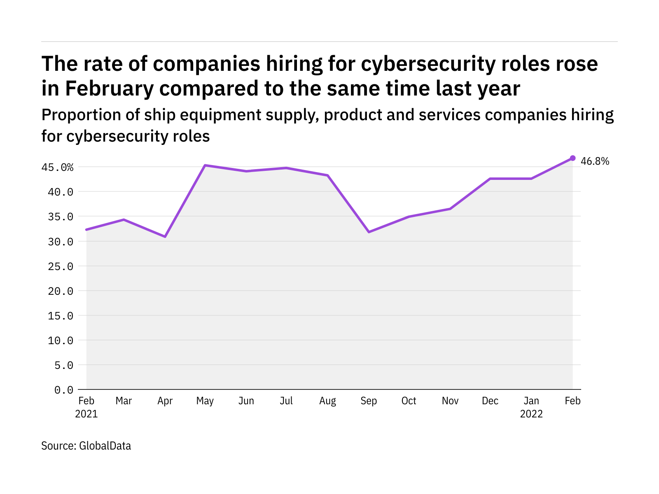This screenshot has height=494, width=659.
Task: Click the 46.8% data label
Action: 594,161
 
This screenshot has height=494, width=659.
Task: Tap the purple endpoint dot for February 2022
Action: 573,158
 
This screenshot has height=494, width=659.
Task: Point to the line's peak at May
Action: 205,165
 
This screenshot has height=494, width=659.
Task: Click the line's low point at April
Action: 165,237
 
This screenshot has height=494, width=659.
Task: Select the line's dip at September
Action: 369,232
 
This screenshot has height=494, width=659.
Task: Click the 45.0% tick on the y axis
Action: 57,168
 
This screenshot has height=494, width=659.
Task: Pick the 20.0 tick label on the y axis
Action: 61,291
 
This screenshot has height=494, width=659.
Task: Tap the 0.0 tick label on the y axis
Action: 64,390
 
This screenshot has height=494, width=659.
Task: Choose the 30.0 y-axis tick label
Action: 61,242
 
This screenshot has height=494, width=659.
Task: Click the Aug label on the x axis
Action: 327,401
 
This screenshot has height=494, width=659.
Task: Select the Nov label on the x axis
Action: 450,401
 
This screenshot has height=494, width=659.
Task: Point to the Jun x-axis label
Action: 246,401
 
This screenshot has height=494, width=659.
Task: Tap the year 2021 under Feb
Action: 86,414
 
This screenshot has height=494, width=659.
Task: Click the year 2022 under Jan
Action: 531,414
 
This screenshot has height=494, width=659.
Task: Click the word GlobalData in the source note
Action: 105,446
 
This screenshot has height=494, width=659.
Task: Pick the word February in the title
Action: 110,89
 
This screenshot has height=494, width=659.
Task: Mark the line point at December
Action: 491,179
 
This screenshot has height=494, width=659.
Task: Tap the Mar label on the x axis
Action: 124,401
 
